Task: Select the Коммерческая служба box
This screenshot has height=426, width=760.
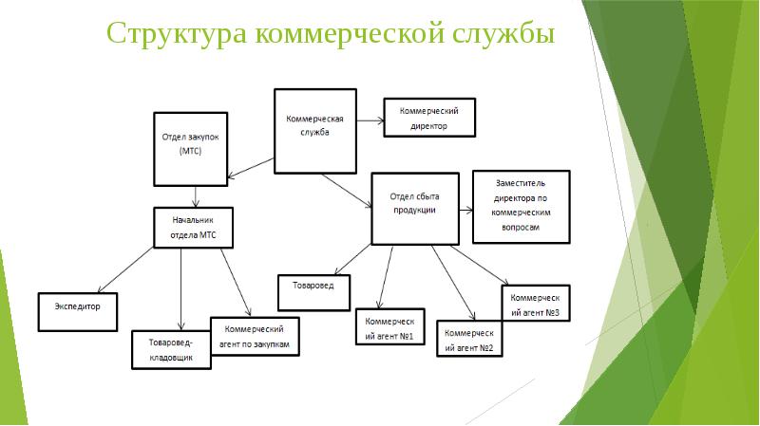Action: [x=314, y=132]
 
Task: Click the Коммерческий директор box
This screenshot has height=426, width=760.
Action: [x=427, y=117]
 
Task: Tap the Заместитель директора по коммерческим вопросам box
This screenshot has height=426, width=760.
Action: [x=522, y=207]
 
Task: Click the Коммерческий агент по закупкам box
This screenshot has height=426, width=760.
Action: [x=256, y=337]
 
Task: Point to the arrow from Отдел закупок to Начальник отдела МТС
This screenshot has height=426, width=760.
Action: [x=195, y=195]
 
